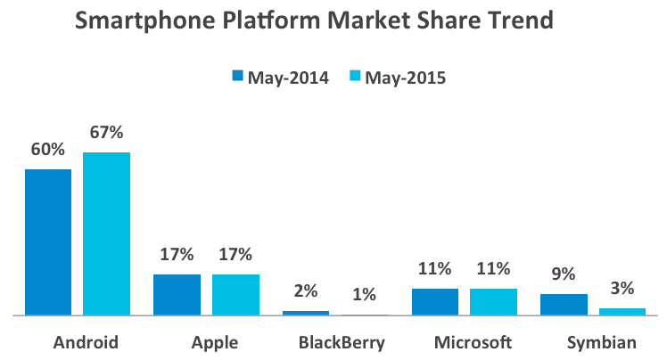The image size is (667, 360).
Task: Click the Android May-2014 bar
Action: [x=48, y=241]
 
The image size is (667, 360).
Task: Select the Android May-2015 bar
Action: [x=107, y=233]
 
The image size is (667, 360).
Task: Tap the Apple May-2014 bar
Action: [x=177, y=294]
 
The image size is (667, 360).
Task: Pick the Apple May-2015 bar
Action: [x=235, y=294]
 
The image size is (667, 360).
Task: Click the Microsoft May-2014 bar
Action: [x=435, y=301]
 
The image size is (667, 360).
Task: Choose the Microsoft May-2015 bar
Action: [x=493, y=301]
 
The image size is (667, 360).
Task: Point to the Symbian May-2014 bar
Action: [x=564, y=304]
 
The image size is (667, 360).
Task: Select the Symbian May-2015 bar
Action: [x=622, y=311]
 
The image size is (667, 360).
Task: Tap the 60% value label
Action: [x=48, y=150]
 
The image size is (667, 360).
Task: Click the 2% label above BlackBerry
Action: [x=306, y=292]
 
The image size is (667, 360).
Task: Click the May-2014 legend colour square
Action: [x=238, y=78]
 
